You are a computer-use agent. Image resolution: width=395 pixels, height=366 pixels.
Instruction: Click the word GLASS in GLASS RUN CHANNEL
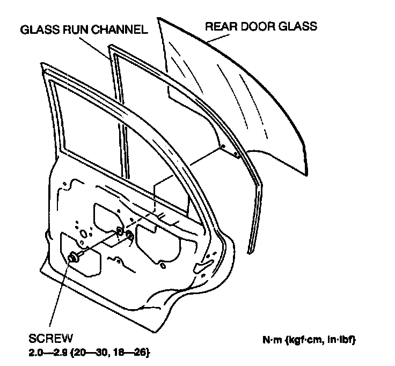pos(38,30)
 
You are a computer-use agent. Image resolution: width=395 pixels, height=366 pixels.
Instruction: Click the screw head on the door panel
pos(72,258)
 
